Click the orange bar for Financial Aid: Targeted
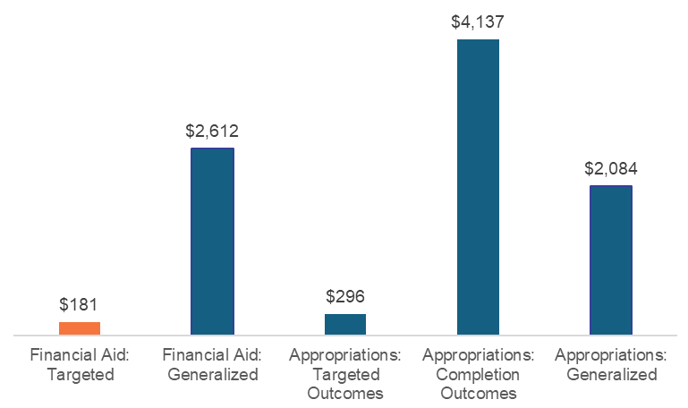(x=80, y=328)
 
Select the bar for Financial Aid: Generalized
(x=213, y=242)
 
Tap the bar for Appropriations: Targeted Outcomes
(x=345, y=325)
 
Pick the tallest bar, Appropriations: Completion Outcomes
(x=478, y=187)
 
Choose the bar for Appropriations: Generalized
(x=611, y=260)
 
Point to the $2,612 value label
(x=212, y=131)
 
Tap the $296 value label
(x=345, y=295)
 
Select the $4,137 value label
(x=478, y=20)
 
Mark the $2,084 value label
(x=611, y=168)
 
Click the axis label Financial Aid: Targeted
(x=80, y=365)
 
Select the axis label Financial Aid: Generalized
(x=212, y=365)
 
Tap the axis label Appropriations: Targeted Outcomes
(x=345, y=374)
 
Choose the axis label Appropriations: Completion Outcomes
(x=478, y=374)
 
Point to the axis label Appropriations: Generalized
(x=611, y=365)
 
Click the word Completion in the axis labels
(x=478, y=375)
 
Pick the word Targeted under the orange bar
(x=80, y=375)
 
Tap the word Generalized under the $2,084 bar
(x=611, y=375)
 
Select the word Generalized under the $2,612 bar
(x=212, y=375)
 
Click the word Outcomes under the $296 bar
(x=345, y=394)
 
